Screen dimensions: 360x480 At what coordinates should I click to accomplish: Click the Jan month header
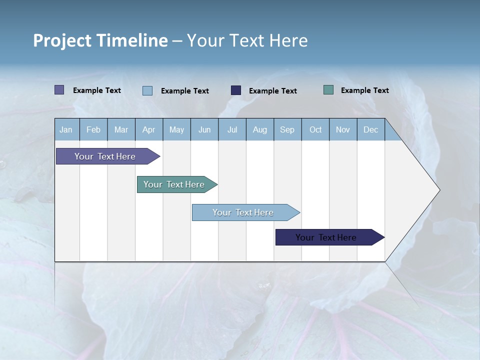[66, 129]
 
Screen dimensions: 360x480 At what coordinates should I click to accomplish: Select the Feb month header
[93, 129]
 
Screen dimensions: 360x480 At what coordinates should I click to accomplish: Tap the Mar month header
[121, 129]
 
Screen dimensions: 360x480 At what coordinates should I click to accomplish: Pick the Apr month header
[149, 129]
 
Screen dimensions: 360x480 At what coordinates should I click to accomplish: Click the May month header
[176, 129]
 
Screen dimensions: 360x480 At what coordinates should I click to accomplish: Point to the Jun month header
[204, 129]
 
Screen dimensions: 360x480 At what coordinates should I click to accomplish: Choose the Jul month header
[232, 129]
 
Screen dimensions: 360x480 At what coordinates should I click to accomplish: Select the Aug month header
[260, 129]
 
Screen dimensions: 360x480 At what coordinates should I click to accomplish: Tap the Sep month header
[287, 129]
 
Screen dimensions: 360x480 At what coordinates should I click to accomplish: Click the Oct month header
[315, 129]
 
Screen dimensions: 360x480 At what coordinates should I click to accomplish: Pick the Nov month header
[343, 129]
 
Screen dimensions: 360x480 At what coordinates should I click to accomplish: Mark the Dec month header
[371, 129]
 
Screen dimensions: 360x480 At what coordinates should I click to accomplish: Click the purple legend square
[59, 90]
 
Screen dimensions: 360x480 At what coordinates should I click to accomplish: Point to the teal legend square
[328, 90]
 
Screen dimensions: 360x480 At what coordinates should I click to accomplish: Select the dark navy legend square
[236, 90]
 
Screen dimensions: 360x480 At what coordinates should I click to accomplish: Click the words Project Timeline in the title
[100, 40]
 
